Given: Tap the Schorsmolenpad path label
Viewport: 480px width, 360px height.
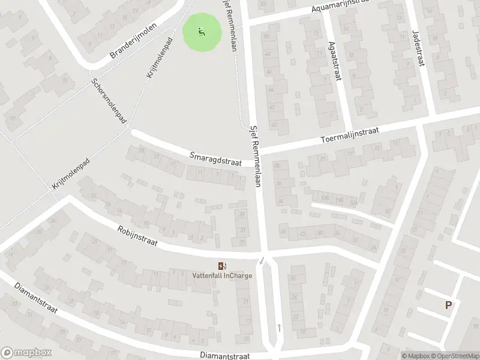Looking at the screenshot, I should pyautogui.click(x=108, y=101).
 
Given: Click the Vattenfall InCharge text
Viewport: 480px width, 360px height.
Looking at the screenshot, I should pyautogui.click(x=222, y=276).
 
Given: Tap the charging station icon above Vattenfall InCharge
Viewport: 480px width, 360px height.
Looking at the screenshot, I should pyautogui.click(x=222, y=266).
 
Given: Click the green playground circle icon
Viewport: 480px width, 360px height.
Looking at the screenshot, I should pyautogui.click(x=202, y=32).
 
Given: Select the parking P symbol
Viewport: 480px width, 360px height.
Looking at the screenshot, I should pyautogui.click(x=448, y=305).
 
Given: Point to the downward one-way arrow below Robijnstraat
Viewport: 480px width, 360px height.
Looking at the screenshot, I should pyautogui.click(x=262, y=260).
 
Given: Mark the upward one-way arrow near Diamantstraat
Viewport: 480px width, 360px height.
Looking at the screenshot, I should pyautogui.click(x=280, y=328).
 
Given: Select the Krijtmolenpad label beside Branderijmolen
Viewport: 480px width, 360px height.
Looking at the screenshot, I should pyautogui.click(x=159, y=58).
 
